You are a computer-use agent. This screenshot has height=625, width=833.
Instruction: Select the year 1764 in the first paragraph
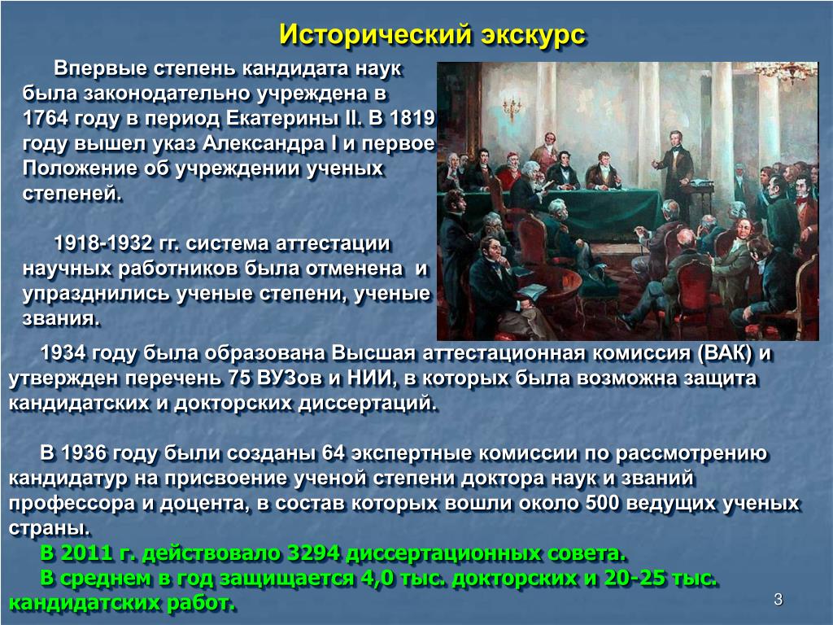point(46,118)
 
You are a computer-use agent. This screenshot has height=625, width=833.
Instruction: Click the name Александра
point(264,143)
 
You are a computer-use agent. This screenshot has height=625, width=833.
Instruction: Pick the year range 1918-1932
point(103,243)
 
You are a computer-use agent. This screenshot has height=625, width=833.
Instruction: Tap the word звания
point(60,318)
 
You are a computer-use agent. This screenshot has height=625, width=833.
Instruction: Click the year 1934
point(63,353)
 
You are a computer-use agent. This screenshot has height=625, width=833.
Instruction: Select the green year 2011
point(86,553)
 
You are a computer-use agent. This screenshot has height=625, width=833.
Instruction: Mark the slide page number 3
point(778,600)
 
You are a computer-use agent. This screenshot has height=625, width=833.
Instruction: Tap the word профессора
point(72,504)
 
